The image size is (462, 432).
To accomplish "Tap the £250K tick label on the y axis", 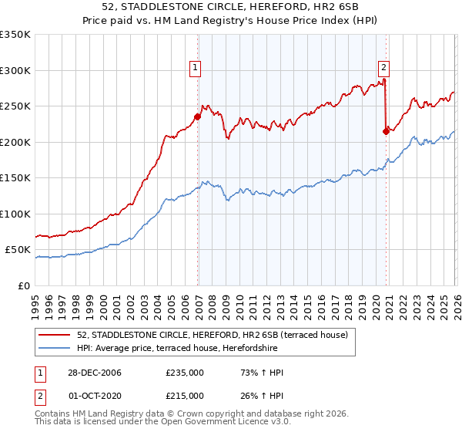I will pyautogui.click(x=15, y=106).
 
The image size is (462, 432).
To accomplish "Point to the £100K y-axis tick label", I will pyautogui.click(x=15, y=214).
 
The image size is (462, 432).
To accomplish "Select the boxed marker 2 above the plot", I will pyautogui.click(x=383, y=67).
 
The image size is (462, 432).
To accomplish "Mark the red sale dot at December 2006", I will pyautogui.click(x=198, y=117).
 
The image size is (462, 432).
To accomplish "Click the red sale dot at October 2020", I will pyautogui.click(x=386, y=131).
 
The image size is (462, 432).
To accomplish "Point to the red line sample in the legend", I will pyautogui.click(x=55, y=335).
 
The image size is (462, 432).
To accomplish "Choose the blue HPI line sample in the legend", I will pyautogui.click(x=55, y=348).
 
